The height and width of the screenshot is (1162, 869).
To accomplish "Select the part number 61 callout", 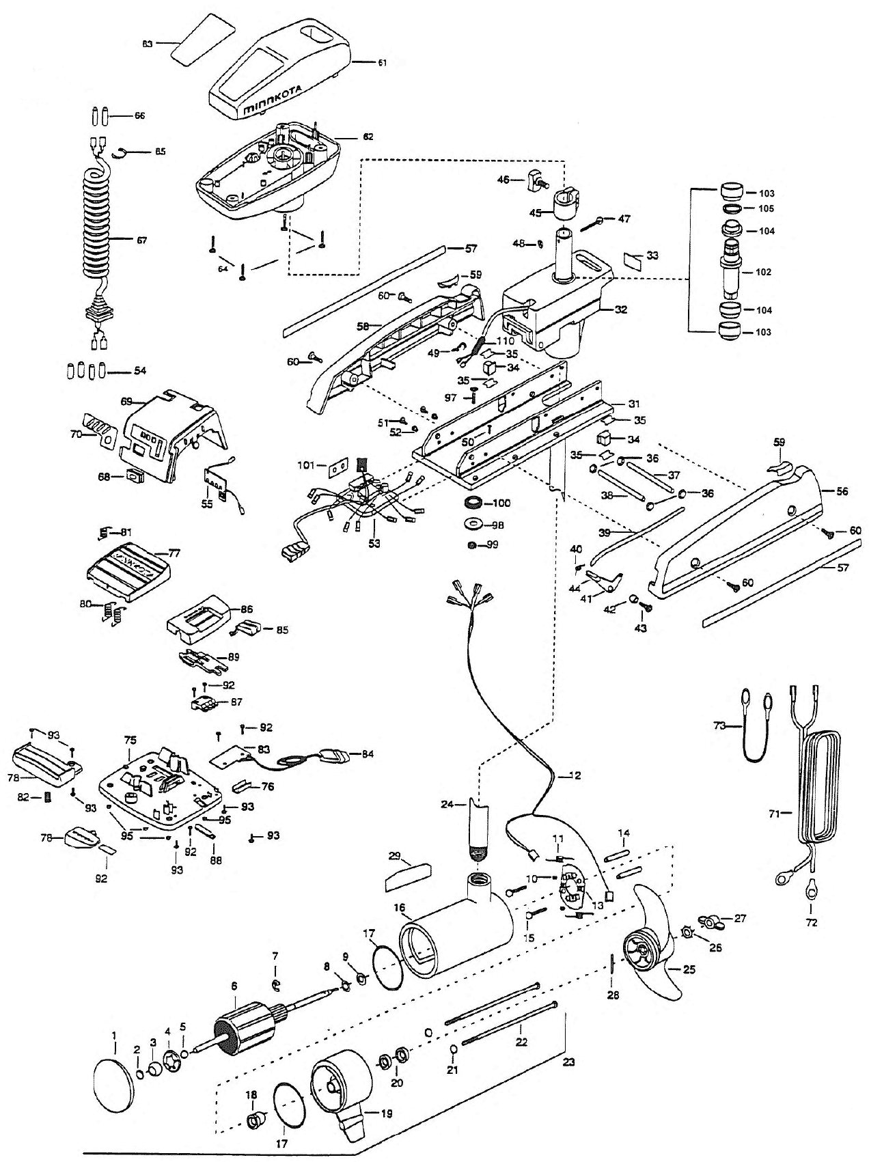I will (382, 62).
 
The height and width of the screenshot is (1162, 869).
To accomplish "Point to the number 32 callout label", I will (620, 309).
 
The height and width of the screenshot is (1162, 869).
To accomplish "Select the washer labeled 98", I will (471, 525).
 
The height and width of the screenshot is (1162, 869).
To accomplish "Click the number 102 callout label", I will (764, 272).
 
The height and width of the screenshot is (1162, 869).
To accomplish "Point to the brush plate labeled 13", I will (570, 888).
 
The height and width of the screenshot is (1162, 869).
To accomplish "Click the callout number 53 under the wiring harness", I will (374, 544).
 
